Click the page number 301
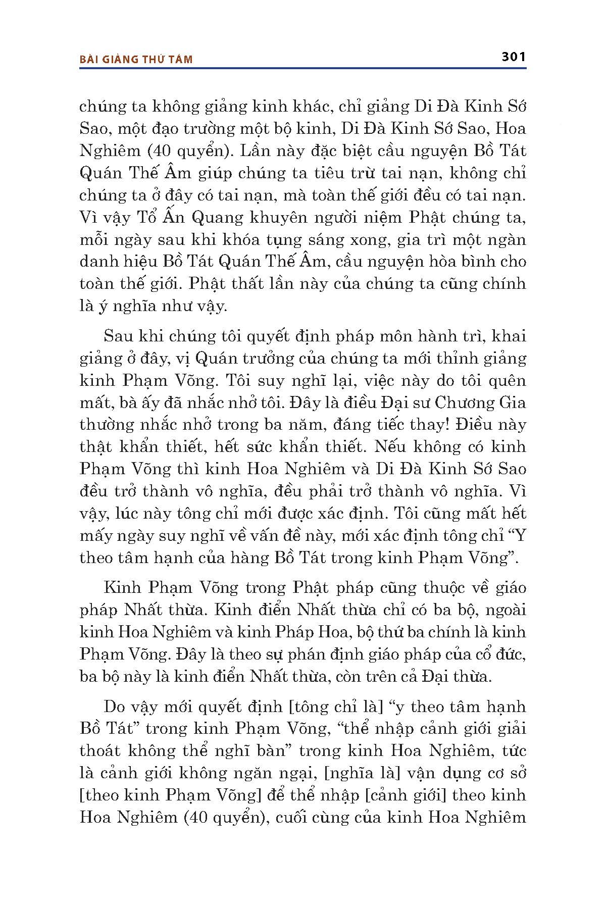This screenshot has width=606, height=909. (514, 57)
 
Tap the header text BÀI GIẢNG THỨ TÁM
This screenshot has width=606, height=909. (136, 60)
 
